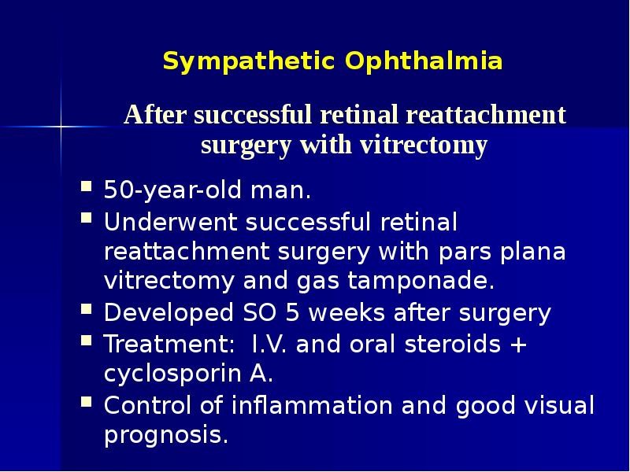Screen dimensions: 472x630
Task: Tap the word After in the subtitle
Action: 156,116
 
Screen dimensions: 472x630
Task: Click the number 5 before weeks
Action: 293,313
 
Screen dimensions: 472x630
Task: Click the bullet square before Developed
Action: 87,312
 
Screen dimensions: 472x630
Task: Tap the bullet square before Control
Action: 87,404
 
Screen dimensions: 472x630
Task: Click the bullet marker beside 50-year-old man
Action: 87,189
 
